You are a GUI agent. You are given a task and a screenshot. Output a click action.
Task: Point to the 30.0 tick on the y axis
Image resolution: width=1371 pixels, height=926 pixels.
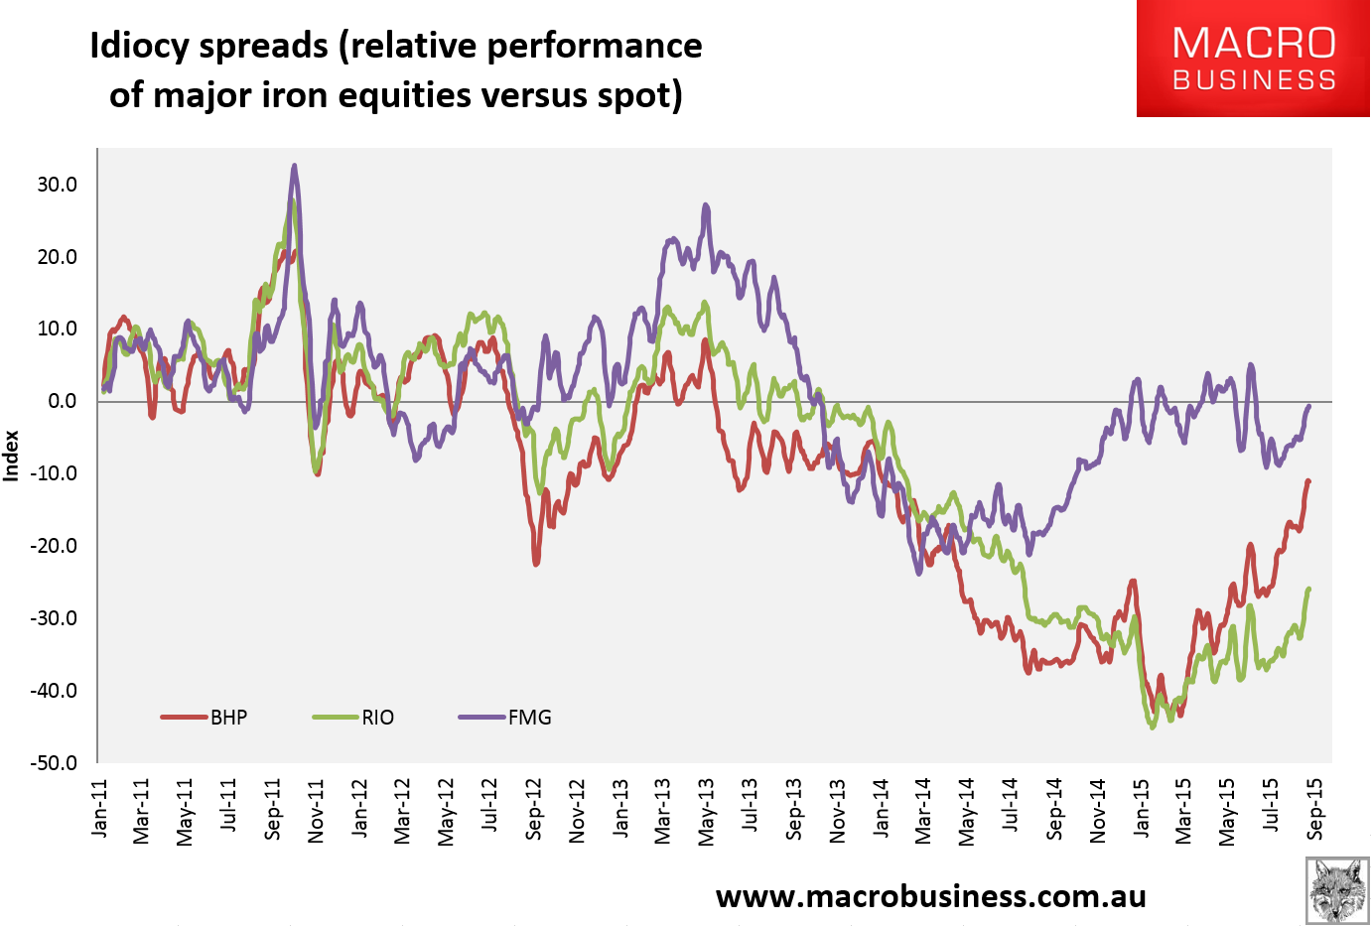pos(58,185)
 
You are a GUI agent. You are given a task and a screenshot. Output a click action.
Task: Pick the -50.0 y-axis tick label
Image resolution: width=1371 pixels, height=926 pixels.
pos(55,763)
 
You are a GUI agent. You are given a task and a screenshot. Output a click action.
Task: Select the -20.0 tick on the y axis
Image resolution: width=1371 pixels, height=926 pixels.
pos(55,546)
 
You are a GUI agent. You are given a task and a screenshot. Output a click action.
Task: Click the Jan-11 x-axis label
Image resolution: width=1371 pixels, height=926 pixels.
pos(99,809)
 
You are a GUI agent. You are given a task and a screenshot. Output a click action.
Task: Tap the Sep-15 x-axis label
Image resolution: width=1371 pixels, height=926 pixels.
pos(1315,809)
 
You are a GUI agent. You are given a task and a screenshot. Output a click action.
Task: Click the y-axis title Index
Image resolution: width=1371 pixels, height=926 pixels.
pos(12,456)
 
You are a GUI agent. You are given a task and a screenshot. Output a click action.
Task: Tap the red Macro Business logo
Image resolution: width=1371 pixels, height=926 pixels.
pos(1253,59)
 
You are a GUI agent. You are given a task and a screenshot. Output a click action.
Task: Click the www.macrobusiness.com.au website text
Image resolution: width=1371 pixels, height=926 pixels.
pos(930,896)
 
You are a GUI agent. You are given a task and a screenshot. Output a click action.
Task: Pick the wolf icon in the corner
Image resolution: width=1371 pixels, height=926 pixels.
pos(1336,890)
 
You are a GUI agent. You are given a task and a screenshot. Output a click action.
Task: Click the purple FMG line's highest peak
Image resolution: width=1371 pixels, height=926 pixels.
pos(294,167)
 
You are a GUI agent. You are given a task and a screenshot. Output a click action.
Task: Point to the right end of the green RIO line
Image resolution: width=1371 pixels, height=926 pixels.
pos(1308,590)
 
